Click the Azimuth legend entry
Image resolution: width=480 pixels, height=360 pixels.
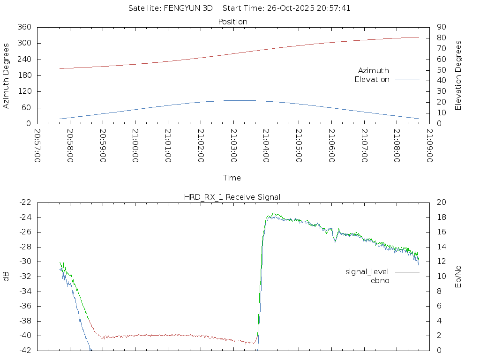[x=374, y=71]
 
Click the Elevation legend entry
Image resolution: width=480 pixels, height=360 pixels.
[x=372, y=80]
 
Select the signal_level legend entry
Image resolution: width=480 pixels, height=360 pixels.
[x=367, y=272]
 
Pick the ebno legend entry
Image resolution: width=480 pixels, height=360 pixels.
[x=380, y=281]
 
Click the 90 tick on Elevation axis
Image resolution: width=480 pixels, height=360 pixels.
[x=441, y=27]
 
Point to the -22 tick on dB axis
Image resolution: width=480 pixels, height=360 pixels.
[x=25, y=202]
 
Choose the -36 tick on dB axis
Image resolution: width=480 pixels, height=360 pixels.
[x=25, y=307]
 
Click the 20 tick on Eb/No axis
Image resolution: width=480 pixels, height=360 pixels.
[x=441, y=202]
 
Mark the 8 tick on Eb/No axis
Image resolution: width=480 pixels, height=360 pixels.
[x=439, y=291]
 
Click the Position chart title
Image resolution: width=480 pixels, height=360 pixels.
[x=232, y=22]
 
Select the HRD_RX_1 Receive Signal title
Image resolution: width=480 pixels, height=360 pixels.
[x=232, y=197]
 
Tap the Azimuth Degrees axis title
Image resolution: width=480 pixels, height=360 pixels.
[x=6, y=75]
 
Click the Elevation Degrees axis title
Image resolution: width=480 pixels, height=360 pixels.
[x=458, y=75]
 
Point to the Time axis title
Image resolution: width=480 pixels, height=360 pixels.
[x=232, y=178]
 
